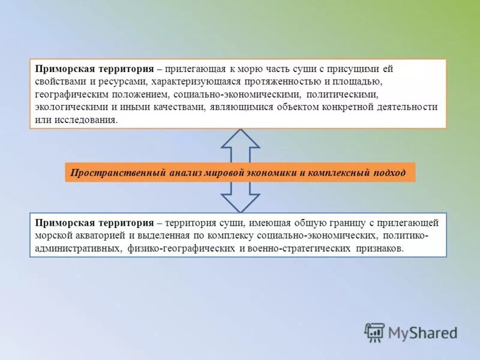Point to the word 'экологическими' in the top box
point(67,107)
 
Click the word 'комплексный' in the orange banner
point(337,173)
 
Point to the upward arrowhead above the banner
point(240,139)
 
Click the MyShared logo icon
point(375,332)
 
